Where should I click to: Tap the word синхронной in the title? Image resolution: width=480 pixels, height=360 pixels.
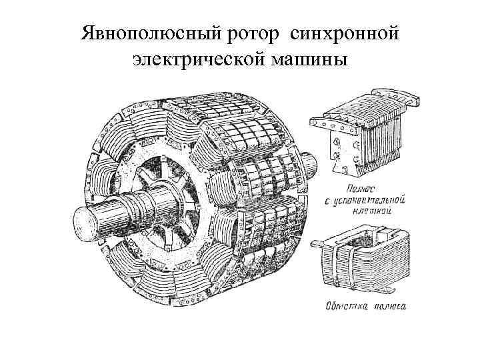pos(347,33)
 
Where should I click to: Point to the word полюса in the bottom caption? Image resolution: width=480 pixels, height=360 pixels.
pos(389,307)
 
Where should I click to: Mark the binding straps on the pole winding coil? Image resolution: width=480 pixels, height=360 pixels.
pos(343,266)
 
